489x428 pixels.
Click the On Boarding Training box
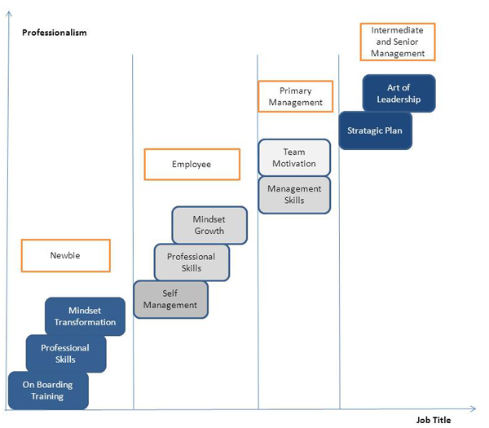point(47,390)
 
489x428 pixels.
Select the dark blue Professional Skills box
point(65,354)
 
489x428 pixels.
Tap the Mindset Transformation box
point(86,316)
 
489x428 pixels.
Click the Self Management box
point(170,299)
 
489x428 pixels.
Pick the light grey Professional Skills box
point(192,263)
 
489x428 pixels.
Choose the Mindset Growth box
point(209,225)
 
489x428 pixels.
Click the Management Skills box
point(294,195)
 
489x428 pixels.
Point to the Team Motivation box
point(294,157)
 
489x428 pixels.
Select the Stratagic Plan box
point(375,130)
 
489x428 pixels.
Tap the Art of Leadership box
point(399,94)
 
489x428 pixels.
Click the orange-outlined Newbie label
point(65,256)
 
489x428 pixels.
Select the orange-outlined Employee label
point(192,164)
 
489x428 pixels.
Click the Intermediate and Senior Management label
point(398,42)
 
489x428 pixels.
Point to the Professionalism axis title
point(55,33)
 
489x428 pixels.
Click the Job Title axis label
point(433,420)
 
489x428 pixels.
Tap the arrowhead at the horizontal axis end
point(473,407)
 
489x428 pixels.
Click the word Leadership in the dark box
point(399,99)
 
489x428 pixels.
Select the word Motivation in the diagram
point(294,164)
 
